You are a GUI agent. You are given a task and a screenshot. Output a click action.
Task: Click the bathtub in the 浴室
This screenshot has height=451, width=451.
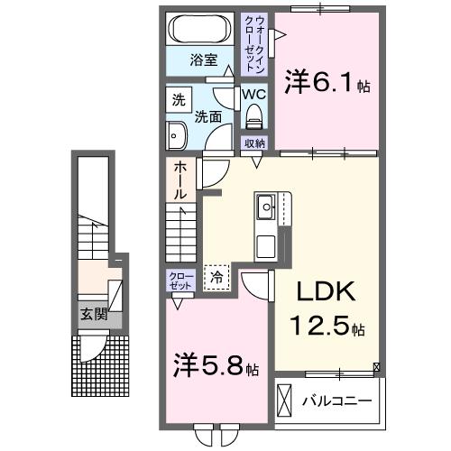(201, 28)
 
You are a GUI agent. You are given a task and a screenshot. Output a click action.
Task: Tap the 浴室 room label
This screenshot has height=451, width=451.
(203, 60)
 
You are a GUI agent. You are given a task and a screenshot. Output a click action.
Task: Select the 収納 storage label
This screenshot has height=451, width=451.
(254, 143)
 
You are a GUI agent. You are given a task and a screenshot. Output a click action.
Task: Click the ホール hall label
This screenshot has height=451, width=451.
(180, 179)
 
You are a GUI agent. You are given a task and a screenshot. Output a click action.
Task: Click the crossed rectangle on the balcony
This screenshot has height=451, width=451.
(285, 399)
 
